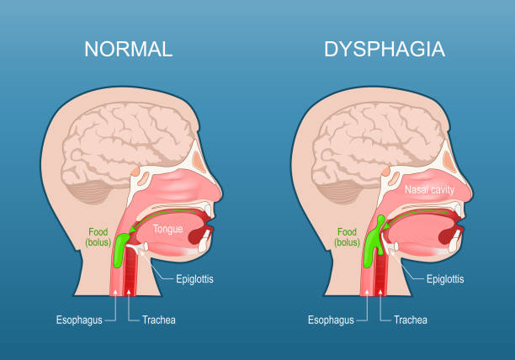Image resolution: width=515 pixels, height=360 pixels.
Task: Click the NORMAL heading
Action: [128, 49]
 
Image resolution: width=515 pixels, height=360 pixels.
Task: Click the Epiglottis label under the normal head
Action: [195, 278]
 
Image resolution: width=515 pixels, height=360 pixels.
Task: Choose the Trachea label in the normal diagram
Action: [158, 320]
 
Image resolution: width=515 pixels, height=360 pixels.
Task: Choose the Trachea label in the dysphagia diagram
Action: [408, 320]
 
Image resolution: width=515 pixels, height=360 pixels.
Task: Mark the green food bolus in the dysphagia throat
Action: [373, 244]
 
